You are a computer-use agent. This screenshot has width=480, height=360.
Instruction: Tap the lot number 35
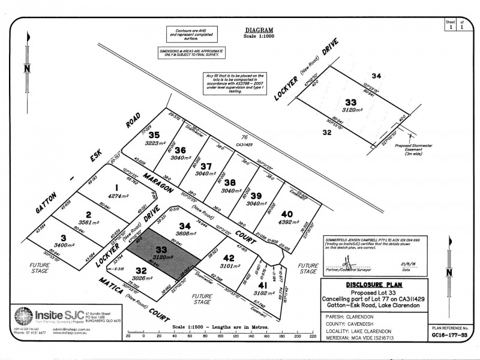[154, 135]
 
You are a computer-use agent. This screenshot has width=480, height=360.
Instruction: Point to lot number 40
[287, 214]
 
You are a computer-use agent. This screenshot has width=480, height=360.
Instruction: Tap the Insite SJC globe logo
[23, 316]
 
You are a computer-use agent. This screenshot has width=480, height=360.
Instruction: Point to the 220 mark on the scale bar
[312, 336]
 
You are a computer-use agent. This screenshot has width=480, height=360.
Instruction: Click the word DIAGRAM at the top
[259, 29]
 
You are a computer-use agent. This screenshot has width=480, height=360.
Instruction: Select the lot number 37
[206, 166]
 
